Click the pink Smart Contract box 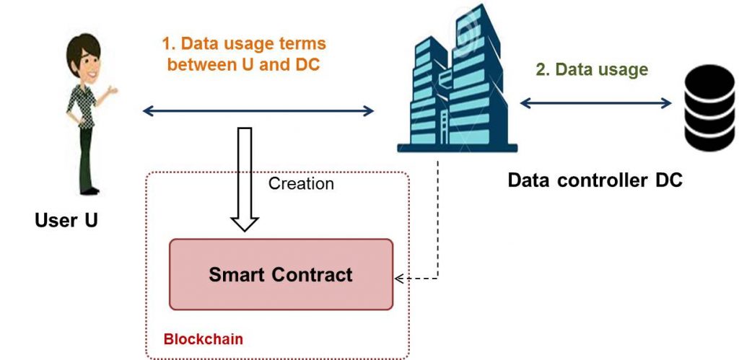[281, 274]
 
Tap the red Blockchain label [203, 339]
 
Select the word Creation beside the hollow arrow [301, 183]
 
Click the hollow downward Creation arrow [245, 180]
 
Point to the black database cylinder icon [709, 108]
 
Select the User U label [66, 220]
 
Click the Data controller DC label [595, 180]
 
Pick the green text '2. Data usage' [592, 69]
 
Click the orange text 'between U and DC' [244, 64]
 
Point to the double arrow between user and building [258, 111]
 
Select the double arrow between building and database [595, 102]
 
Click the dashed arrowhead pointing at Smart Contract [399, 278]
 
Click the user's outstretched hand [112, 89]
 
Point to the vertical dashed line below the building [438, 219]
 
